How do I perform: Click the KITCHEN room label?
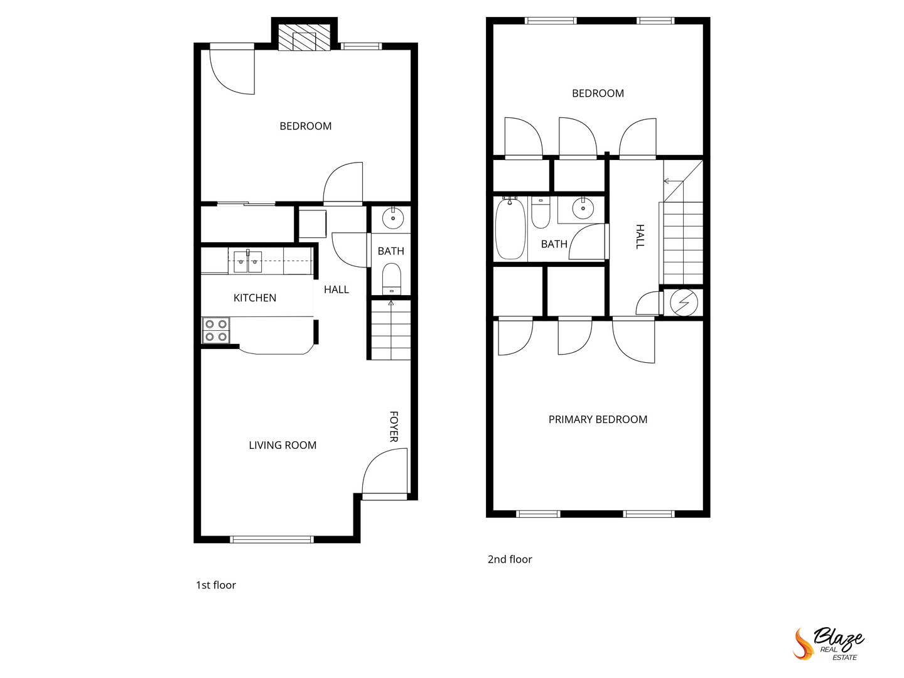pos(254,298)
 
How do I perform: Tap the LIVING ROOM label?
pos(282,445)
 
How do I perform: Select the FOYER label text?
pos(394,426)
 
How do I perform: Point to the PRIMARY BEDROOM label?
pos(598,419)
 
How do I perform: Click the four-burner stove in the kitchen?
pos(216,331)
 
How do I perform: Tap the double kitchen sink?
pos(247,261)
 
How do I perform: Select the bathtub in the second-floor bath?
pos(510,228)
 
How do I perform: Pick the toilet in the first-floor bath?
pos(391,279)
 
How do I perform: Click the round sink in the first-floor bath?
pos(393,218)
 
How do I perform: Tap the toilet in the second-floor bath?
pos(541,212)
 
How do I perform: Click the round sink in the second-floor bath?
pos(583,208)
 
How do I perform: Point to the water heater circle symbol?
pos(684,303)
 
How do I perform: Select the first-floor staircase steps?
pos(391,330)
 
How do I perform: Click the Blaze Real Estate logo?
pos(828,648)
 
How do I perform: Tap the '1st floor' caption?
pos(216,585)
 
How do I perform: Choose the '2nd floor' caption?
pos(510,559)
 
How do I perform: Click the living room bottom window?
pos(272,539)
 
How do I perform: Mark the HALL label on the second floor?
pos(640,237)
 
